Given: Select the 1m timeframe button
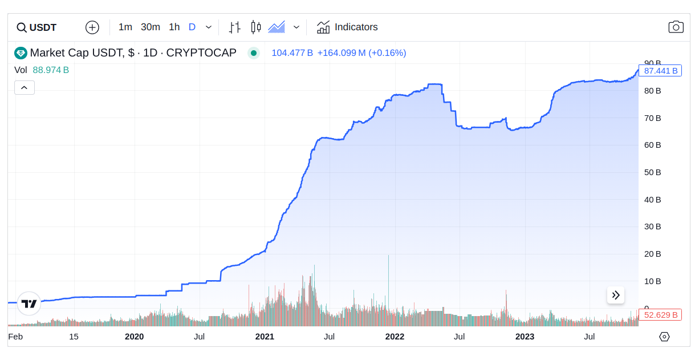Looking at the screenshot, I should [x=125, y=27].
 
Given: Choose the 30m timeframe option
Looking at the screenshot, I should [x=151, y=27].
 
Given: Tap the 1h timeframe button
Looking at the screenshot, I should [x=174, y=27].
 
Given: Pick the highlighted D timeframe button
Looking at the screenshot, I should [x=192, y=27].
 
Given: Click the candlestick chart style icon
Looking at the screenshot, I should [x=256, y=27].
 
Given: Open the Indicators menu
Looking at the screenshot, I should [x=347, y=27].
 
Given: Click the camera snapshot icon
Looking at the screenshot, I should [x=676, y=27].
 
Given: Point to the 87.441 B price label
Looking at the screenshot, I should [x=660, y=71].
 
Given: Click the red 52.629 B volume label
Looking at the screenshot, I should [x=660, y=315].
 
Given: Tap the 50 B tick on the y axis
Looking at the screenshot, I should [x=652, y=172].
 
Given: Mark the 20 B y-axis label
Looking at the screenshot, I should [x=652, y=254].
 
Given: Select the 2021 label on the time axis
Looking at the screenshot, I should [x=265, y=337].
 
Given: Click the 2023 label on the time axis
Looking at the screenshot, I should [x=525, y=337].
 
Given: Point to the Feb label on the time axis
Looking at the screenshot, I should [x=15, y=337].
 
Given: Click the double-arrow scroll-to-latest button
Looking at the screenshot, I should [x=616, y=295].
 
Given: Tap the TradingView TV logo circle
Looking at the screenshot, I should [x=29, y=304].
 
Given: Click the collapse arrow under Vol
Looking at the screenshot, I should [x=25, y=88].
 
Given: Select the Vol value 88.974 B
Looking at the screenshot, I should [x=51, y=70].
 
